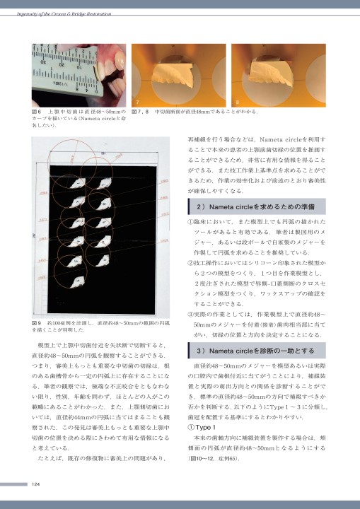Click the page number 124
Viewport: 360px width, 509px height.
[x=35, y=484]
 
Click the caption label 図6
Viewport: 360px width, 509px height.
[x=35, y=112]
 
